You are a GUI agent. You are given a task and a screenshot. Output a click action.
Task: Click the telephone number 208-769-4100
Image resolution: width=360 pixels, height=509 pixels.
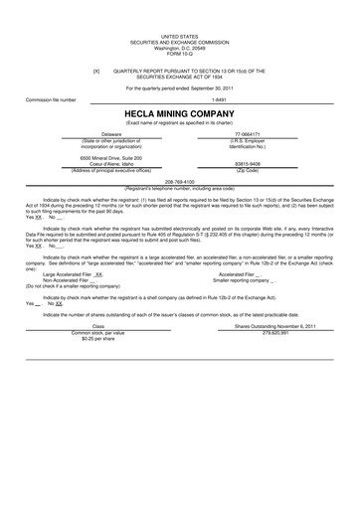coord(180,182)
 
